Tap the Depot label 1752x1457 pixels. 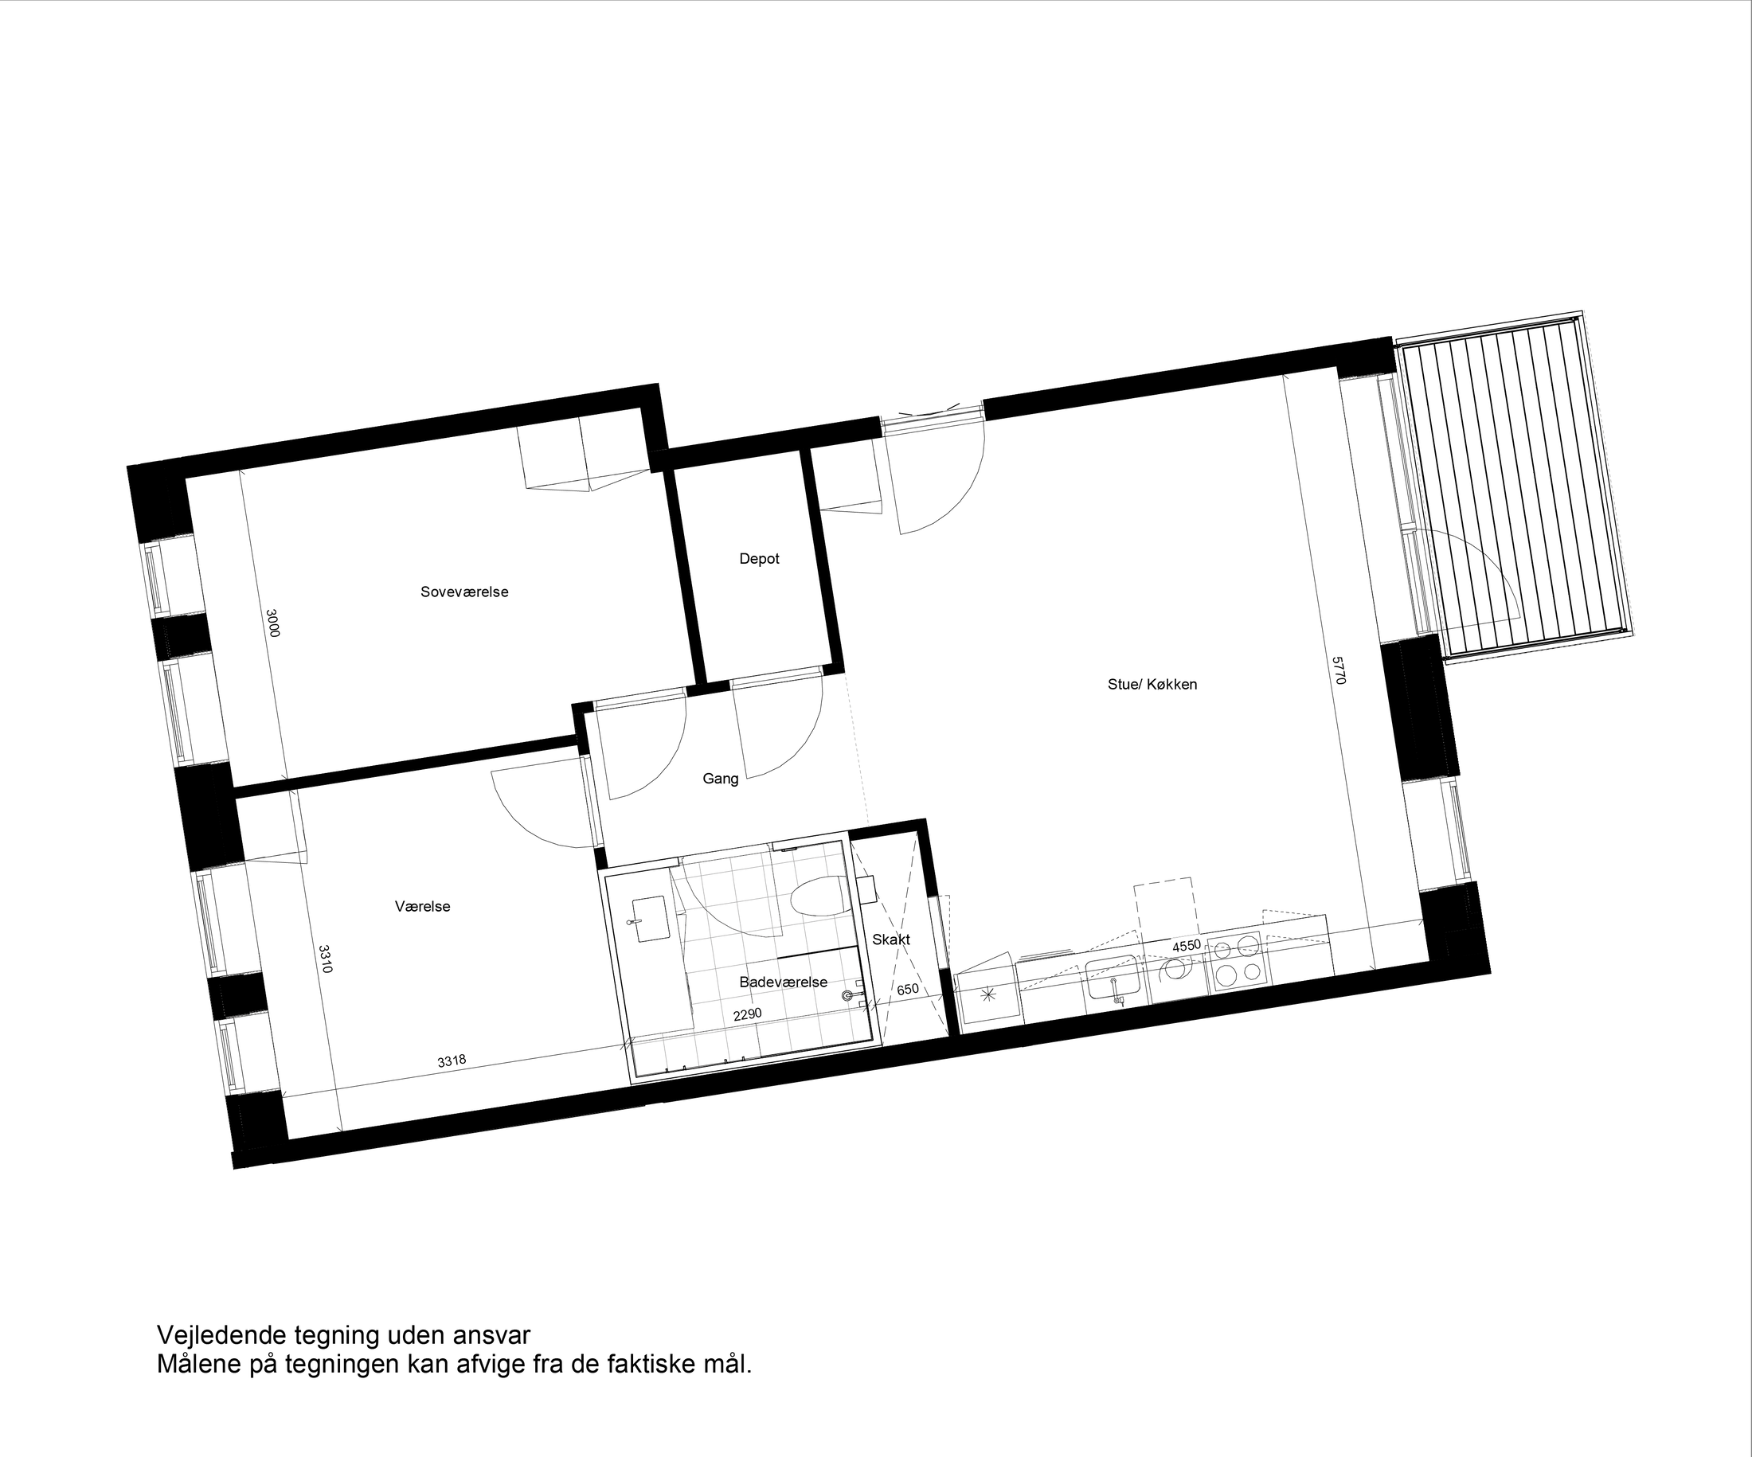(759, 559)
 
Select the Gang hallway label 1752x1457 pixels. (720, 779)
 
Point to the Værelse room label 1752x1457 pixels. (422, 907)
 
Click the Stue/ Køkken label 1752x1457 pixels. (1152, 685)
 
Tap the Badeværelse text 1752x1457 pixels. (783, 982)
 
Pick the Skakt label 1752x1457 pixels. (891, 940)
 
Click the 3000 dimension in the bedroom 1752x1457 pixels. (272, 623)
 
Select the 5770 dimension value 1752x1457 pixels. (1338, 670)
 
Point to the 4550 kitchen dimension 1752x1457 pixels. (1187, 947)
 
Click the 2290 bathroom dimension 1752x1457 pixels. (747, 1015)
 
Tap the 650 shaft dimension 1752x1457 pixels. (908, 990)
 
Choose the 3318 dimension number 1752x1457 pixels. (452, 1061)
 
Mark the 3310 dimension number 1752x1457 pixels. (326, 959)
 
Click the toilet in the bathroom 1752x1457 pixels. (816, 898)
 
